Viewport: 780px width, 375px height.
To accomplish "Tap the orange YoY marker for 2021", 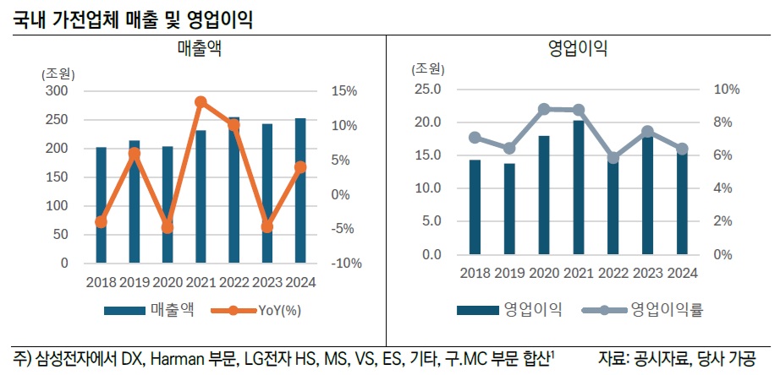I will (x=200, y=102).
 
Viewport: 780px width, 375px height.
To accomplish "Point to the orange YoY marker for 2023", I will (x=267, y=226).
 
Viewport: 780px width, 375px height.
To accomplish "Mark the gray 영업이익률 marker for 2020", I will (x=543, y=109).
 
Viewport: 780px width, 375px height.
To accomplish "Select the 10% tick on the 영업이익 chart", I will (x=727, y=90).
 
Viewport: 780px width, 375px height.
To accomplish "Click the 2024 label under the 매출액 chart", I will (x=299, y=282).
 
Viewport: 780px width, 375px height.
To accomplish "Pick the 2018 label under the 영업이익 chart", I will (x=475, y=273).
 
